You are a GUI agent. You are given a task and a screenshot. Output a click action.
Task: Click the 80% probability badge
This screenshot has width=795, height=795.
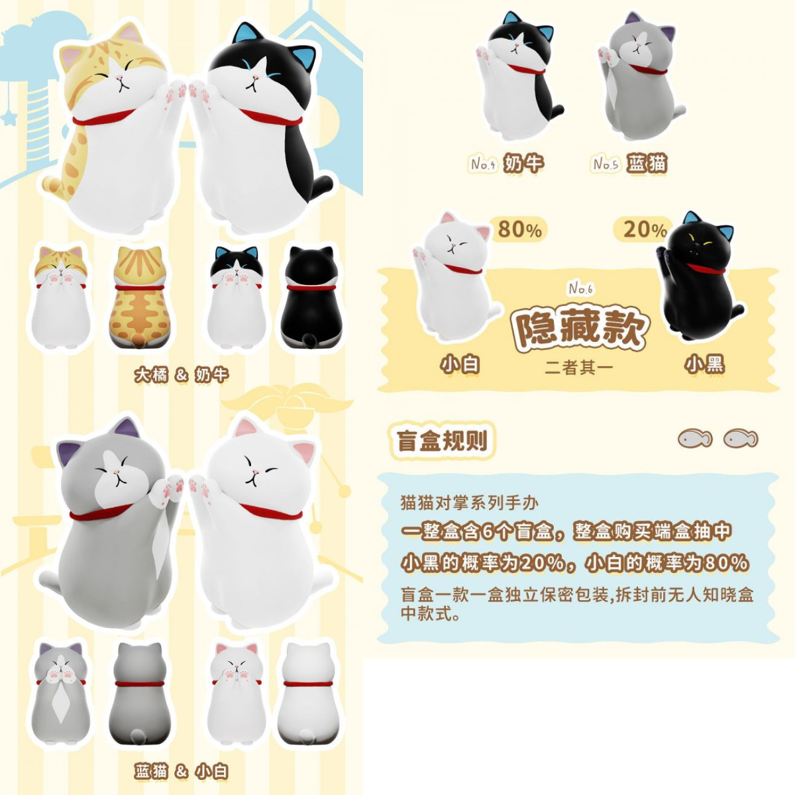pyautogui.click(x=519, y=229)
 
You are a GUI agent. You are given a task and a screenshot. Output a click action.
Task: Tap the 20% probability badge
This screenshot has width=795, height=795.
pyautogui.click(x=644, y=229)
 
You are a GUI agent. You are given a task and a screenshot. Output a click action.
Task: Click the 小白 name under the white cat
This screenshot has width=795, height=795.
pyautogui.click(x=460, y=364)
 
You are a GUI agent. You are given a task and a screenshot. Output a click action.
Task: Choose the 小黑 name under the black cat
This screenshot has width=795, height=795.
pyautogui.click(x=705, y=364)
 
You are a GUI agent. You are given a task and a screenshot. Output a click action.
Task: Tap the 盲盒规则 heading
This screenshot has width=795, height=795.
pyautogui.click(x=442, y=441)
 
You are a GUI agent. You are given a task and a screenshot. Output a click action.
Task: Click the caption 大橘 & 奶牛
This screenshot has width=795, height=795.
pyautogui.click(x=182, y=375)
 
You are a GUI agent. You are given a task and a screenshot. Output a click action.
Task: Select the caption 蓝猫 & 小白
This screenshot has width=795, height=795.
pyautogui.click(x=182, y=771)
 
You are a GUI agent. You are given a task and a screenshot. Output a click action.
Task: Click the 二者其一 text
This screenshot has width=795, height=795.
pyautogui.click(x=579, y=367)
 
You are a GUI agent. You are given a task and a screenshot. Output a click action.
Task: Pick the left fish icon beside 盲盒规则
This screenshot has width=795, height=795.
pyautogui.click(x=695, y=439)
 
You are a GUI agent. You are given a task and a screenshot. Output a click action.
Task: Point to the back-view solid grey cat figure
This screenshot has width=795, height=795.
pyautogui.click(x=138, y=693)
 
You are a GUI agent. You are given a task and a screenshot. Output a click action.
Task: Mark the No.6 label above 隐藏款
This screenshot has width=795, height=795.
pyautogui.click(x=580, y=288)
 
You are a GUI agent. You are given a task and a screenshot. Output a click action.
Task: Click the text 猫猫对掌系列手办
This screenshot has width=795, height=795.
pyautogui.click(x=469, y=503)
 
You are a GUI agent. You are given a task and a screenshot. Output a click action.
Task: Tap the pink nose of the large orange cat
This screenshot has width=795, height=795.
pyautogui.click(x=120, y=79)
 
